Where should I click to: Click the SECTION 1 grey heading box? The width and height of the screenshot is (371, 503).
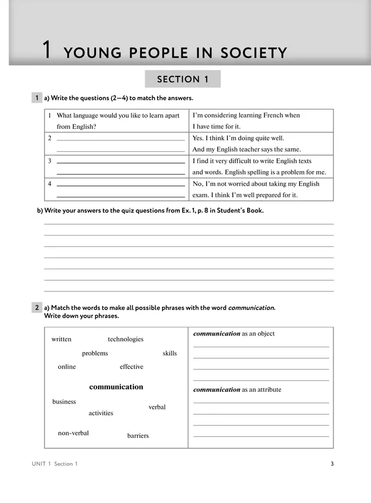click(183, 79)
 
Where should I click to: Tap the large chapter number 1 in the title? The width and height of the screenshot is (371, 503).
click(49, 51)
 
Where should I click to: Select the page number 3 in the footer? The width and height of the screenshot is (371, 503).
click(332, 464)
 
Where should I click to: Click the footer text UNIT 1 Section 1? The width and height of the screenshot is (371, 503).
click(55, 464)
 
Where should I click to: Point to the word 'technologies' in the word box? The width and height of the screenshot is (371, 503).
click(126, 339)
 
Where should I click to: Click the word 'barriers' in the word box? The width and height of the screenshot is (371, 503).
click(138, 436)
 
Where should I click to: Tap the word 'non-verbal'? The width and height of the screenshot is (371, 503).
click(73, 433)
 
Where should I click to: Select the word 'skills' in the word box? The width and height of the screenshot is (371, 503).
click(170, 354)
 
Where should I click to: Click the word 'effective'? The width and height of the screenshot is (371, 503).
click(131, 367)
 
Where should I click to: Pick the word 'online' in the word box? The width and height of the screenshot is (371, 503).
click(67, 367)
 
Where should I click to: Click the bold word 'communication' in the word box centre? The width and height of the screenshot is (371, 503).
click(116, 387)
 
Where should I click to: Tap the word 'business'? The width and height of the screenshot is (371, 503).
click(64, 401)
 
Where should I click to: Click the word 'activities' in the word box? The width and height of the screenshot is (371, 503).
click(100, 413)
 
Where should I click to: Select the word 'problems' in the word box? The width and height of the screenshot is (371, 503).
click(95, 354)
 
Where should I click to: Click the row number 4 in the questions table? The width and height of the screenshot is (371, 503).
click(50, 184)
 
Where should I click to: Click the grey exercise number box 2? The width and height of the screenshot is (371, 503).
click(37, 308)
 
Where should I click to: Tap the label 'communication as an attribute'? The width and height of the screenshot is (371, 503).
click(237, 390)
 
